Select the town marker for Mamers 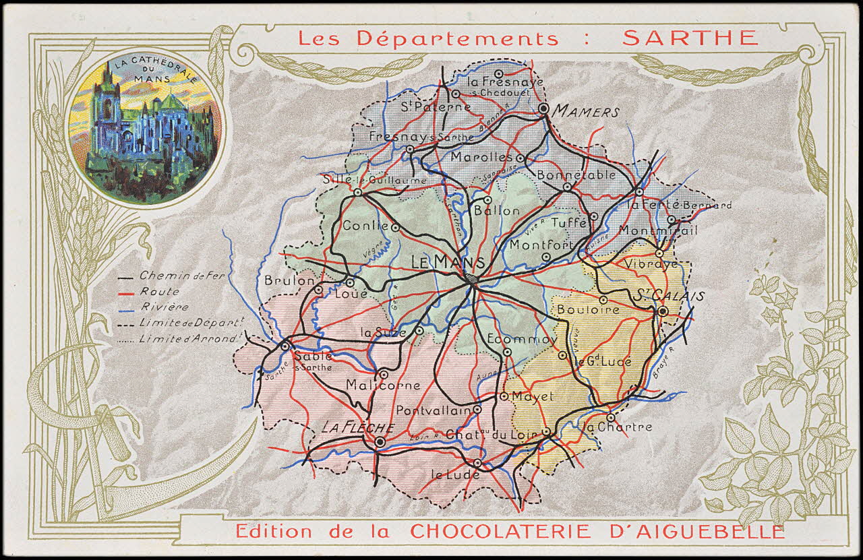pos(544,108)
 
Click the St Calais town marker pos(663,311)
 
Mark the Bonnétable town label pos(576,175)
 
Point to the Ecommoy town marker pos(508,352)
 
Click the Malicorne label pos(382,386)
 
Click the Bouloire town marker pos(603,300)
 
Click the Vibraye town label pos(651,264)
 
